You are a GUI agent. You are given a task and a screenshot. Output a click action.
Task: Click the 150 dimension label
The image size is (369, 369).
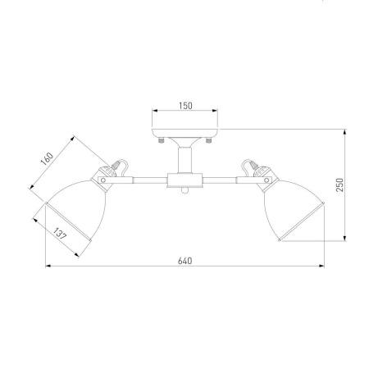click(x=185, y=106)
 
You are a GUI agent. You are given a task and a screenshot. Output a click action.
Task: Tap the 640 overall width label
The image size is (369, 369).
click(x=185, y=261)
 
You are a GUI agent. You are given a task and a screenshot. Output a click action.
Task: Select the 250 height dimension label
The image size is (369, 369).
click(x=339, y=184)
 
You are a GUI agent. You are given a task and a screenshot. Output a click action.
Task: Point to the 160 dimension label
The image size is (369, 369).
click(x=47, y=159)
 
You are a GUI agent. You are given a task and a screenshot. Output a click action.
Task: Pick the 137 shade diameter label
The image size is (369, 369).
click(x=60, y=234)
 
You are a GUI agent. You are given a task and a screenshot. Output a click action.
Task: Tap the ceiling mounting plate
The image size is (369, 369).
click(x=185, y=133)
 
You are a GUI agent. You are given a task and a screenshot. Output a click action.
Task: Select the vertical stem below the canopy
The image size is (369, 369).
click(x=185, y=160)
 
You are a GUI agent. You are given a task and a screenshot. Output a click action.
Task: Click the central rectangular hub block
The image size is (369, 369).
click(x=185, y=180)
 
